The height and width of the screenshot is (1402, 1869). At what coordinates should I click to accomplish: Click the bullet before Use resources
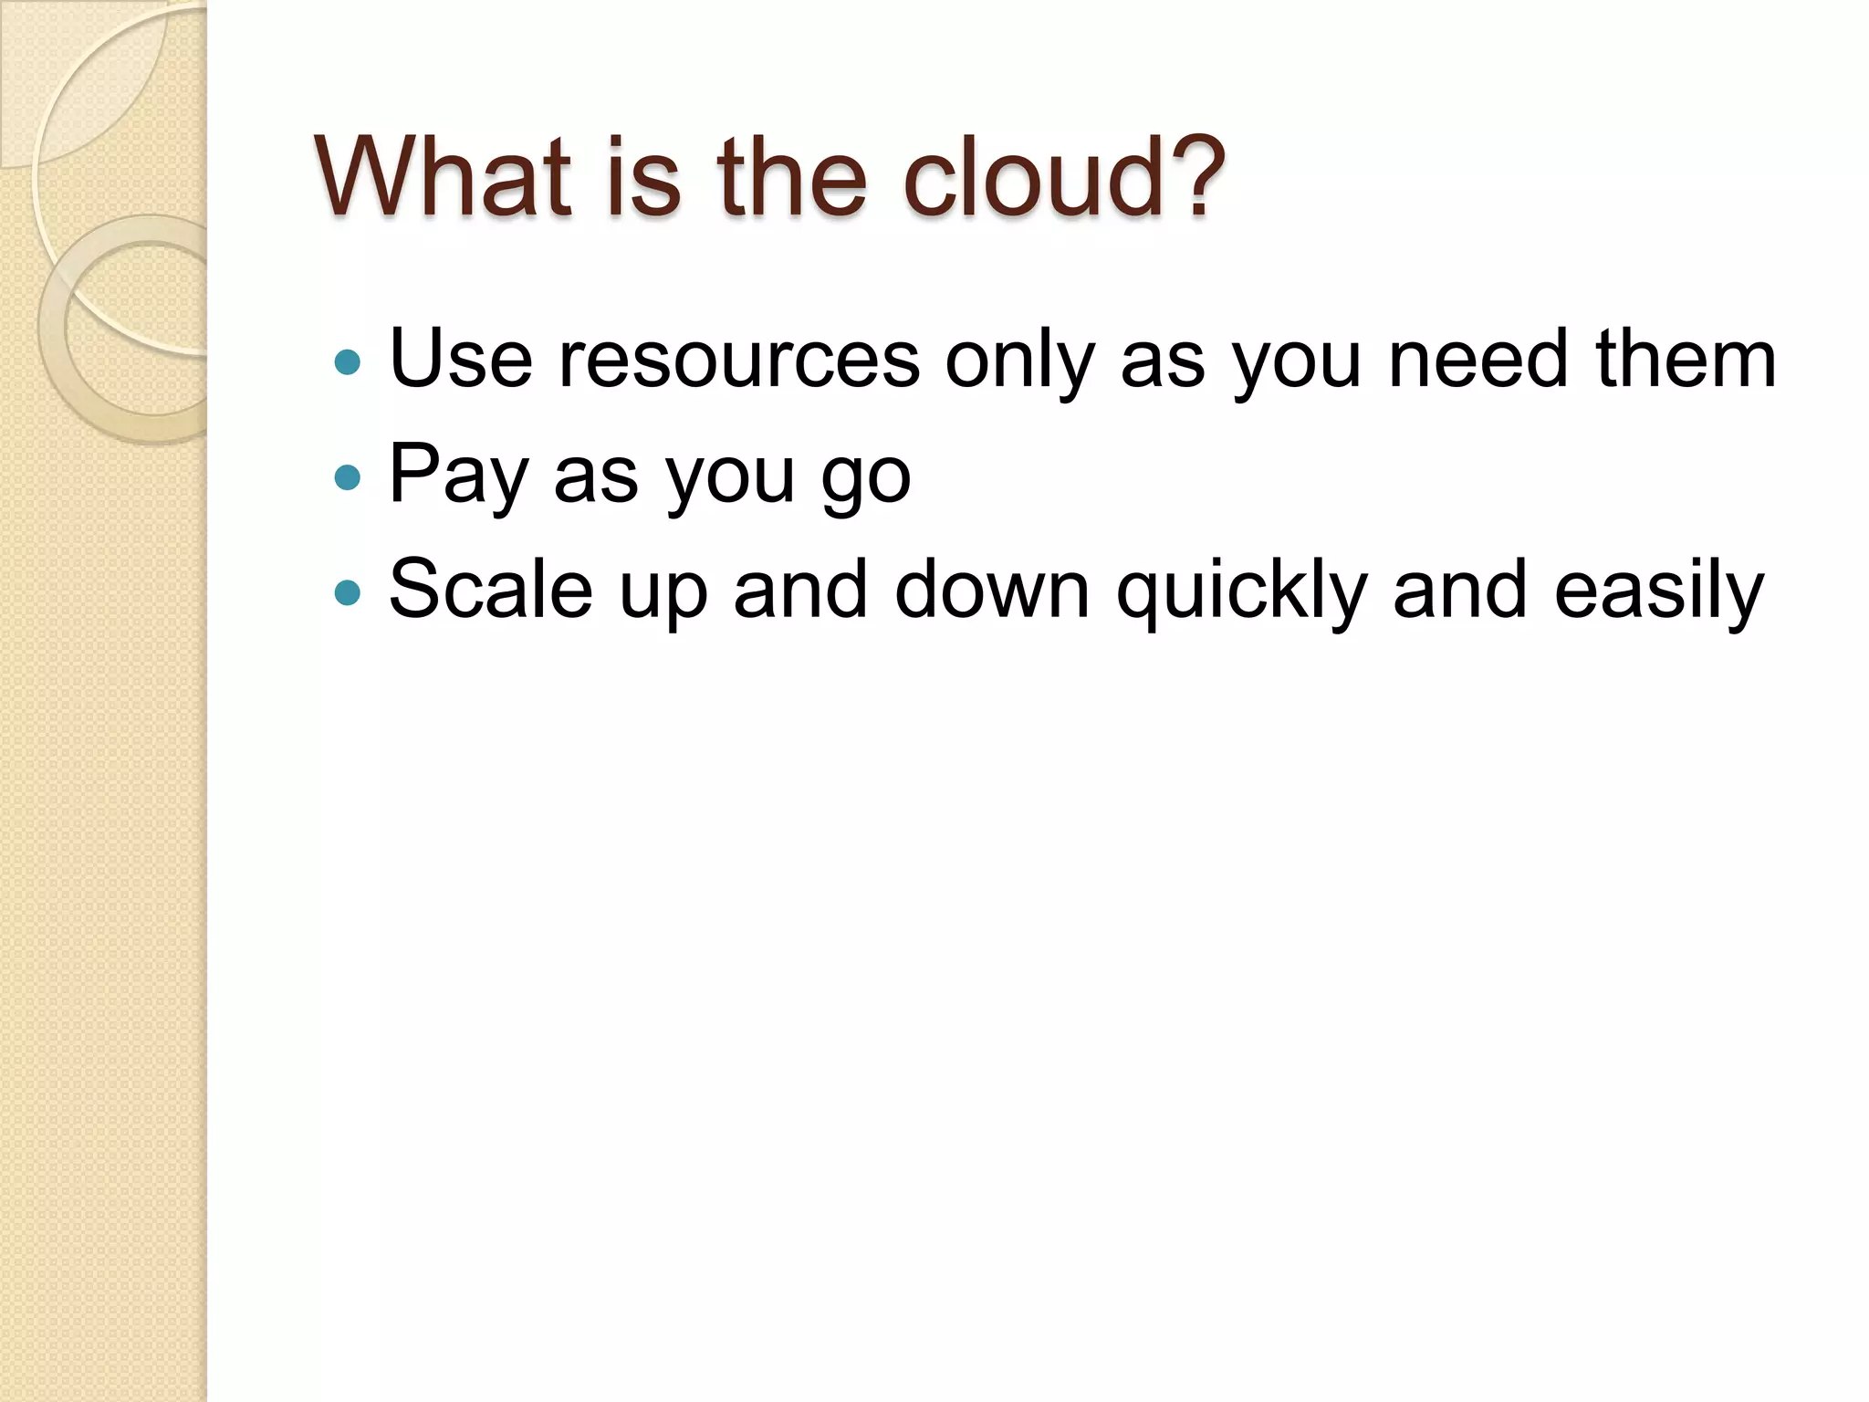[348, 362]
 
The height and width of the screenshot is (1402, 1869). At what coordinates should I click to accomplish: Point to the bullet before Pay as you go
[348, 477]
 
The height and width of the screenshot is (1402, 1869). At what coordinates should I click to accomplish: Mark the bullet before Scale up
[348, 593]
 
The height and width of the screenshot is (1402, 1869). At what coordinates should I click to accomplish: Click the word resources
[739, 360]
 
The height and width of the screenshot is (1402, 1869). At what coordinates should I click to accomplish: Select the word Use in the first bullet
[461, 358]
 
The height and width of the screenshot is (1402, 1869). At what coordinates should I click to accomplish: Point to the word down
[992, 589]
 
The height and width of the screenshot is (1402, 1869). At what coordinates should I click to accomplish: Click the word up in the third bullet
[663, 593]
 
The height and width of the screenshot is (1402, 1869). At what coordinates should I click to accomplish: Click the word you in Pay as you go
[729, 478]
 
